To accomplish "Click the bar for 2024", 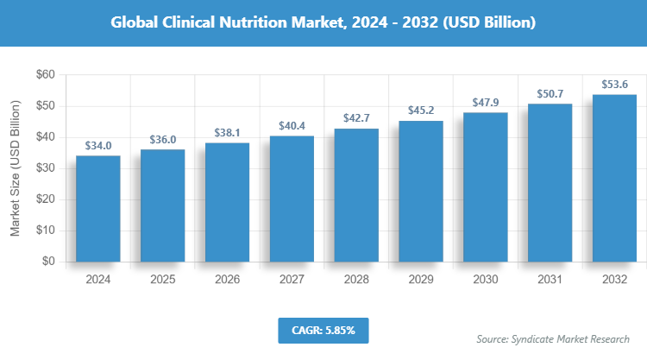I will point(98,209).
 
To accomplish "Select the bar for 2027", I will point(292,199).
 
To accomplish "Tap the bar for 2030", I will point(486,187).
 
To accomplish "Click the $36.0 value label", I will point(162,139).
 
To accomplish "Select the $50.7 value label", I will point(550,93).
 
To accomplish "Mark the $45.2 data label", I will point(421,111).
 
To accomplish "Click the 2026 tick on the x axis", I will point(227,281).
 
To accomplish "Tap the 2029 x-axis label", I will point(421,281).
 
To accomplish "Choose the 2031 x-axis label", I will point(550,281).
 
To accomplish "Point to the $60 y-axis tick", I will point(44,75).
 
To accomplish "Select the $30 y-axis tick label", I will point(44,168).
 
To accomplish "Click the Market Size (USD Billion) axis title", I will point(16,168).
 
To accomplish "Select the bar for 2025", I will point(162,205).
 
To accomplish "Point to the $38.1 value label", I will point(227,133).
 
